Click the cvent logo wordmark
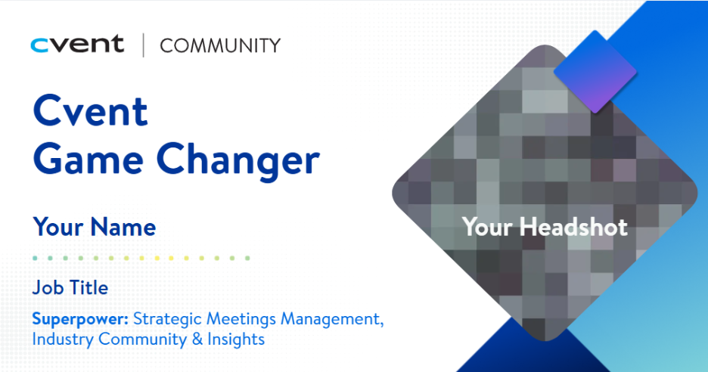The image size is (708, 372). (77, 45)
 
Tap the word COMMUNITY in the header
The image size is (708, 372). (220, 45)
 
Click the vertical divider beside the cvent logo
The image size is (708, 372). (144, 45)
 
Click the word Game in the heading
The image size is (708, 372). (88, 160)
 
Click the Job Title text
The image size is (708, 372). (70, 287)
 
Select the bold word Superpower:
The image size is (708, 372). (80, 320)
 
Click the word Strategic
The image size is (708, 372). (167, 320)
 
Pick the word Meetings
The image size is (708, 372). (241, 320)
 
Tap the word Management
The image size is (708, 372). (332, 319)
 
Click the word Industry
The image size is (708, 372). (63, 339)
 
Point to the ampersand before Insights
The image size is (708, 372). (197, 339)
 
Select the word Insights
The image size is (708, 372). (236, 339)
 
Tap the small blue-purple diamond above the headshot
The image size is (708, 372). (595, 72)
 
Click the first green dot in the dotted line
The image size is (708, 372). (36, 259)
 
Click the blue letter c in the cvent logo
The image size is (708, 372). (39, 45)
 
